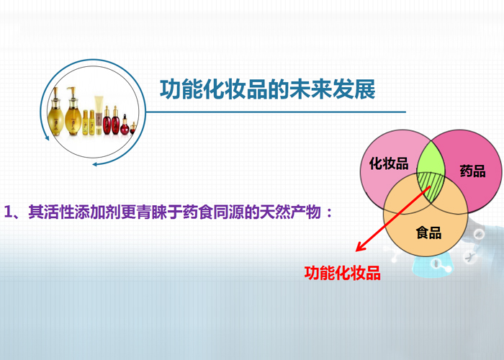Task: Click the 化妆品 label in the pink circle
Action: (389, 163)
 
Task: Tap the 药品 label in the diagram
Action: (472, 171)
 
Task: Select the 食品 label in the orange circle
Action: (429, 233)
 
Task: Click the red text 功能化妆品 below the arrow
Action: (342, 273)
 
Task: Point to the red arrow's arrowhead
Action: (360, 247)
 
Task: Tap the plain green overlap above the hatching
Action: (431, 158)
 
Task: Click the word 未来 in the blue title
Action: (310, 89)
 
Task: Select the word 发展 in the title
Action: (354, 89)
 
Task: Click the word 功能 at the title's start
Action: (181, 89)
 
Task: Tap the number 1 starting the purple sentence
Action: (8, 212)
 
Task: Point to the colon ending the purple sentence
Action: (328, 212)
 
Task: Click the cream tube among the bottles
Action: (99, 115)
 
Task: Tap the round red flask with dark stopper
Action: (125, 125)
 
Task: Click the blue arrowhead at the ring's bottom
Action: (95, 164)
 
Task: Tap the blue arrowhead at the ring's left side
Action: (47, 138)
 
